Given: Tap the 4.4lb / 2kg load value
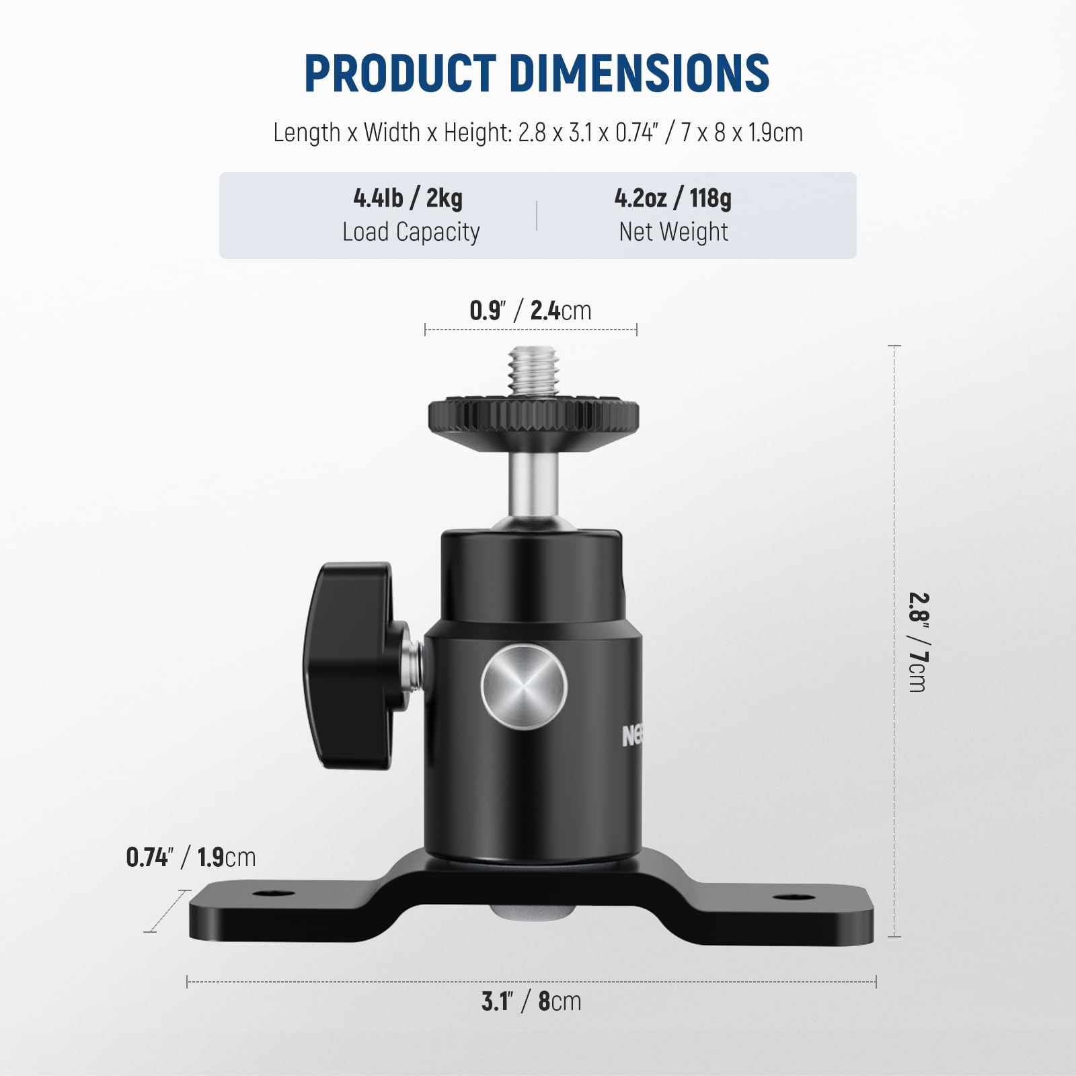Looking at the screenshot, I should pos(408,198).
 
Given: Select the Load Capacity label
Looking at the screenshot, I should pos(411,232).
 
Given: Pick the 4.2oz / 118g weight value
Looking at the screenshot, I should pos(673,198).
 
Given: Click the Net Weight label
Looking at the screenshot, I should pos(673,232).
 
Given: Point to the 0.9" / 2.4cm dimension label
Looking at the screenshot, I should pos(531,311).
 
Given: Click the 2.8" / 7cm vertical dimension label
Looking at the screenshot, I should pos(918,642).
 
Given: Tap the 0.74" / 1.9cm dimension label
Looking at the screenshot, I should pos(191,857).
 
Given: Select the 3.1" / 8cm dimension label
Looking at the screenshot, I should pos(531,1001).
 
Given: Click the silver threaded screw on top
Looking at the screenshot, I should pos(534,371).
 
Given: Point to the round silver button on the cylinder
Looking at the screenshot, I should pos(525,687).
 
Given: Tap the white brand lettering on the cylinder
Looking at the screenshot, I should pos(632,736).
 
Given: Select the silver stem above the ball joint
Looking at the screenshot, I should pos(533,484).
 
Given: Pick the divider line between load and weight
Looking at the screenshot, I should pos(537,215).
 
